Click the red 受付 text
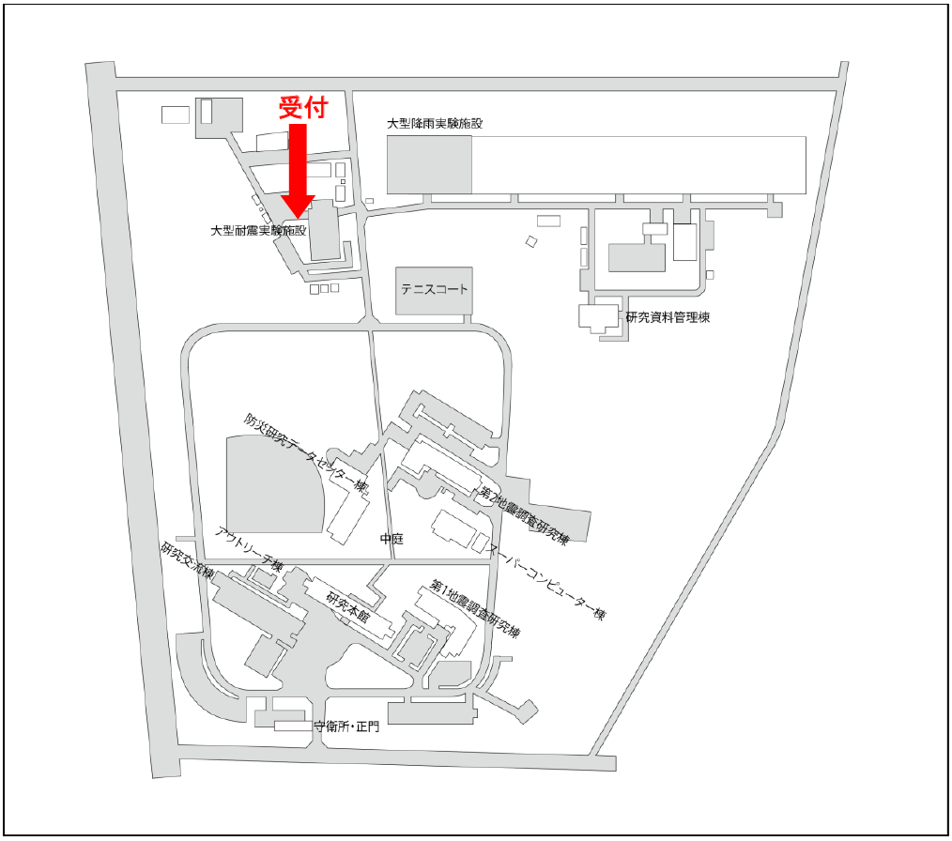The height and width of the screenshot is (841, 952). (x=303, y=107)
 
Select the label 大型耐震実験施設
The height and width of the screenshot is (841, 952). (x=258, y=229)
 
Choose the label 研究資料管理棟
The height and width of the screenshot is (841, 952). (x=668, y=317)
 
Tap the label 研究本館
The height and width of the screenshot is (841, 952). (x=348, y=610)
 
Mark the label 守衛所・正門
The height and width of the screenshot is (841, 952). (x=346, y=726)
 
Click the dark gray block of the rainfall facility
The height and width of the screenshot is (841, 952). (x=429, y=164)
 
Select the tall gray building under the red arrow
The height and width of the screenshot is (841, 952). (x=321, y=230)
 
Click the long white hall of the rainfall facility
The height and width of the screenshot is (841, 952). (x=638, y=164)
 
